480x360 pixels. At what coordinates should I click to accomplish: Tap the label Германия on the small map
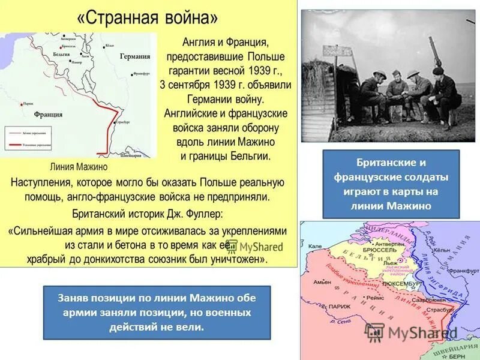click(134, 56)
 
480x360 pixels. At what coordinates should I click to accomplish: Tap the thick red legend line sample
click(17, 145)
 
